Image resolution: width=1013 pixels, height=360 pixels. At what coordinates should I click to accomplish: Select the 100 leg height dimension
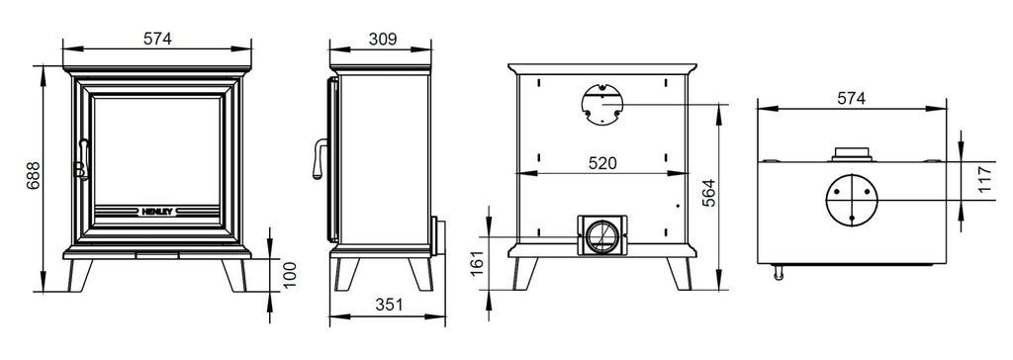click(288, 273)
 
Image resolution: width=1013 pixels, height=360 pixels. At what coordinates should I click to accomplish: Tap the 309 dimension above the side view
click(382, 39)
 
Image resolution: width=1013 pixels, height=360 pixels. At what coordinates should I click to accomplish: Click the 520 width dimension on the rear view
click(600, 164)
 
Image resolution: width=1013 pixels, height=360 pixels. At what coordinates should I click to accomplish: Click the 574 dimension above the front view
click(157, 39)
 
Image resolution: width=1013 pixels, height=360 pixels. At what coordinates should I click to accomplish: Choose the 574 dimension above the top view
click(850, 98)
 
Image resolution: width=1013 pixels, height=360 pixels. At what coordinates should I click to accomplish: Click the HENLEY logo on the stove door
click(156, 210)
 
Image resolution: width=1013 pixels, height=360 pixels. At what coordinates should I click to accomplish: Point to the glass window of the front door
click(156, 148)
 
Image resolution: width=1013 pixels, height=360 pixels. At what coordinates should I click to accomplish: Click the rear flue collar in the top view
click(850, 153)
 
